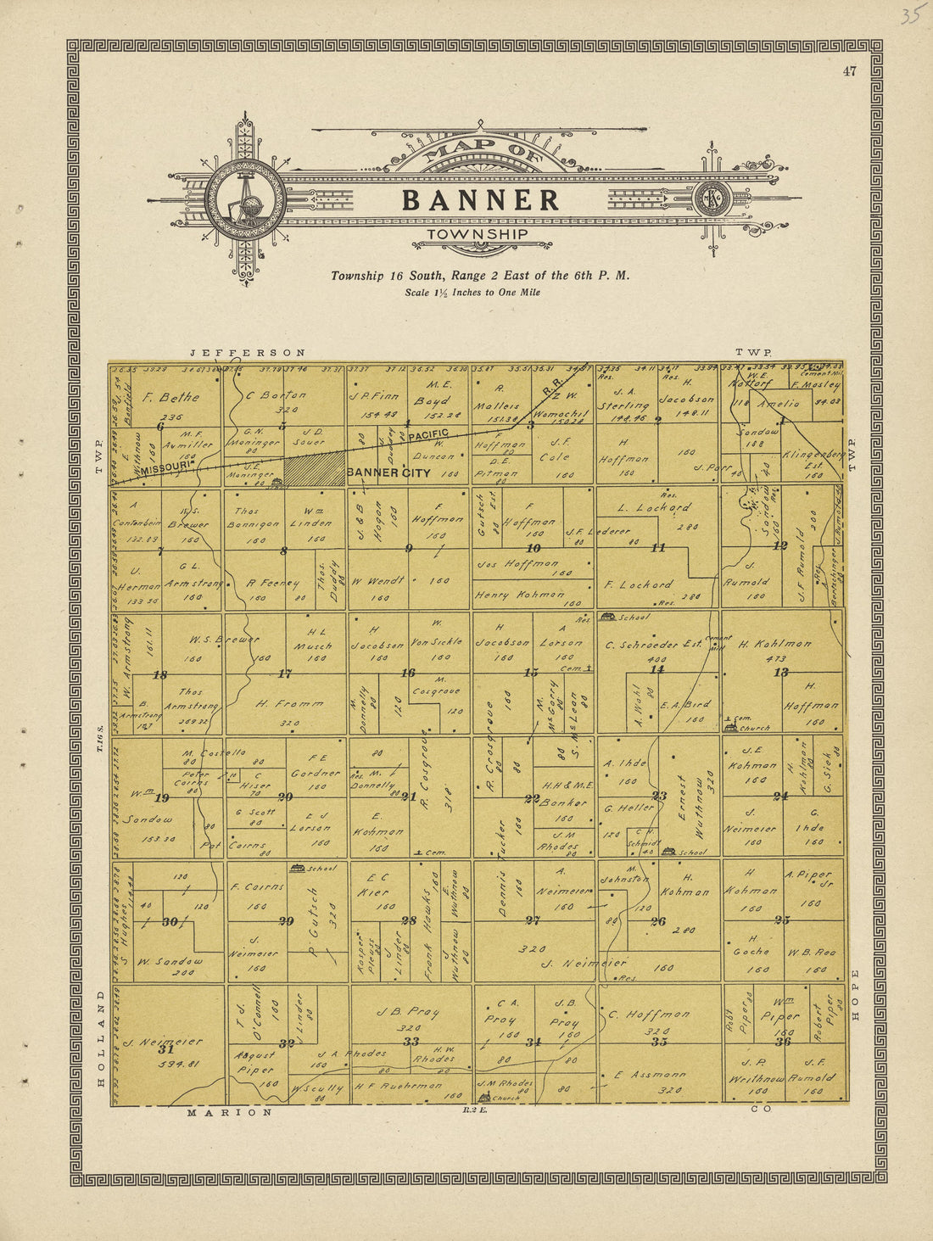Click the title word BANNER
point(480,200)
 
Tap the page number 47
point(849,71)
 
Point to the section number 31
point(166,1049)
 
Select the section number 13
point(780,673)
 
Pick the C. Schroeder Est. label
point(653,645)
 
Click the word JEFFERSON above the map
point(247,352)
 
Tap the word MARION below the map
point(230,1112)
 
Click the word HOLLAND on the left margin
point(100,1037)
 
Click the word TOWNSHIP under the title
point(477,234)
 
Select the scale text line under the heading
point(472,293)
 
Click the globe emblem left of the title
point(245,199)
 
